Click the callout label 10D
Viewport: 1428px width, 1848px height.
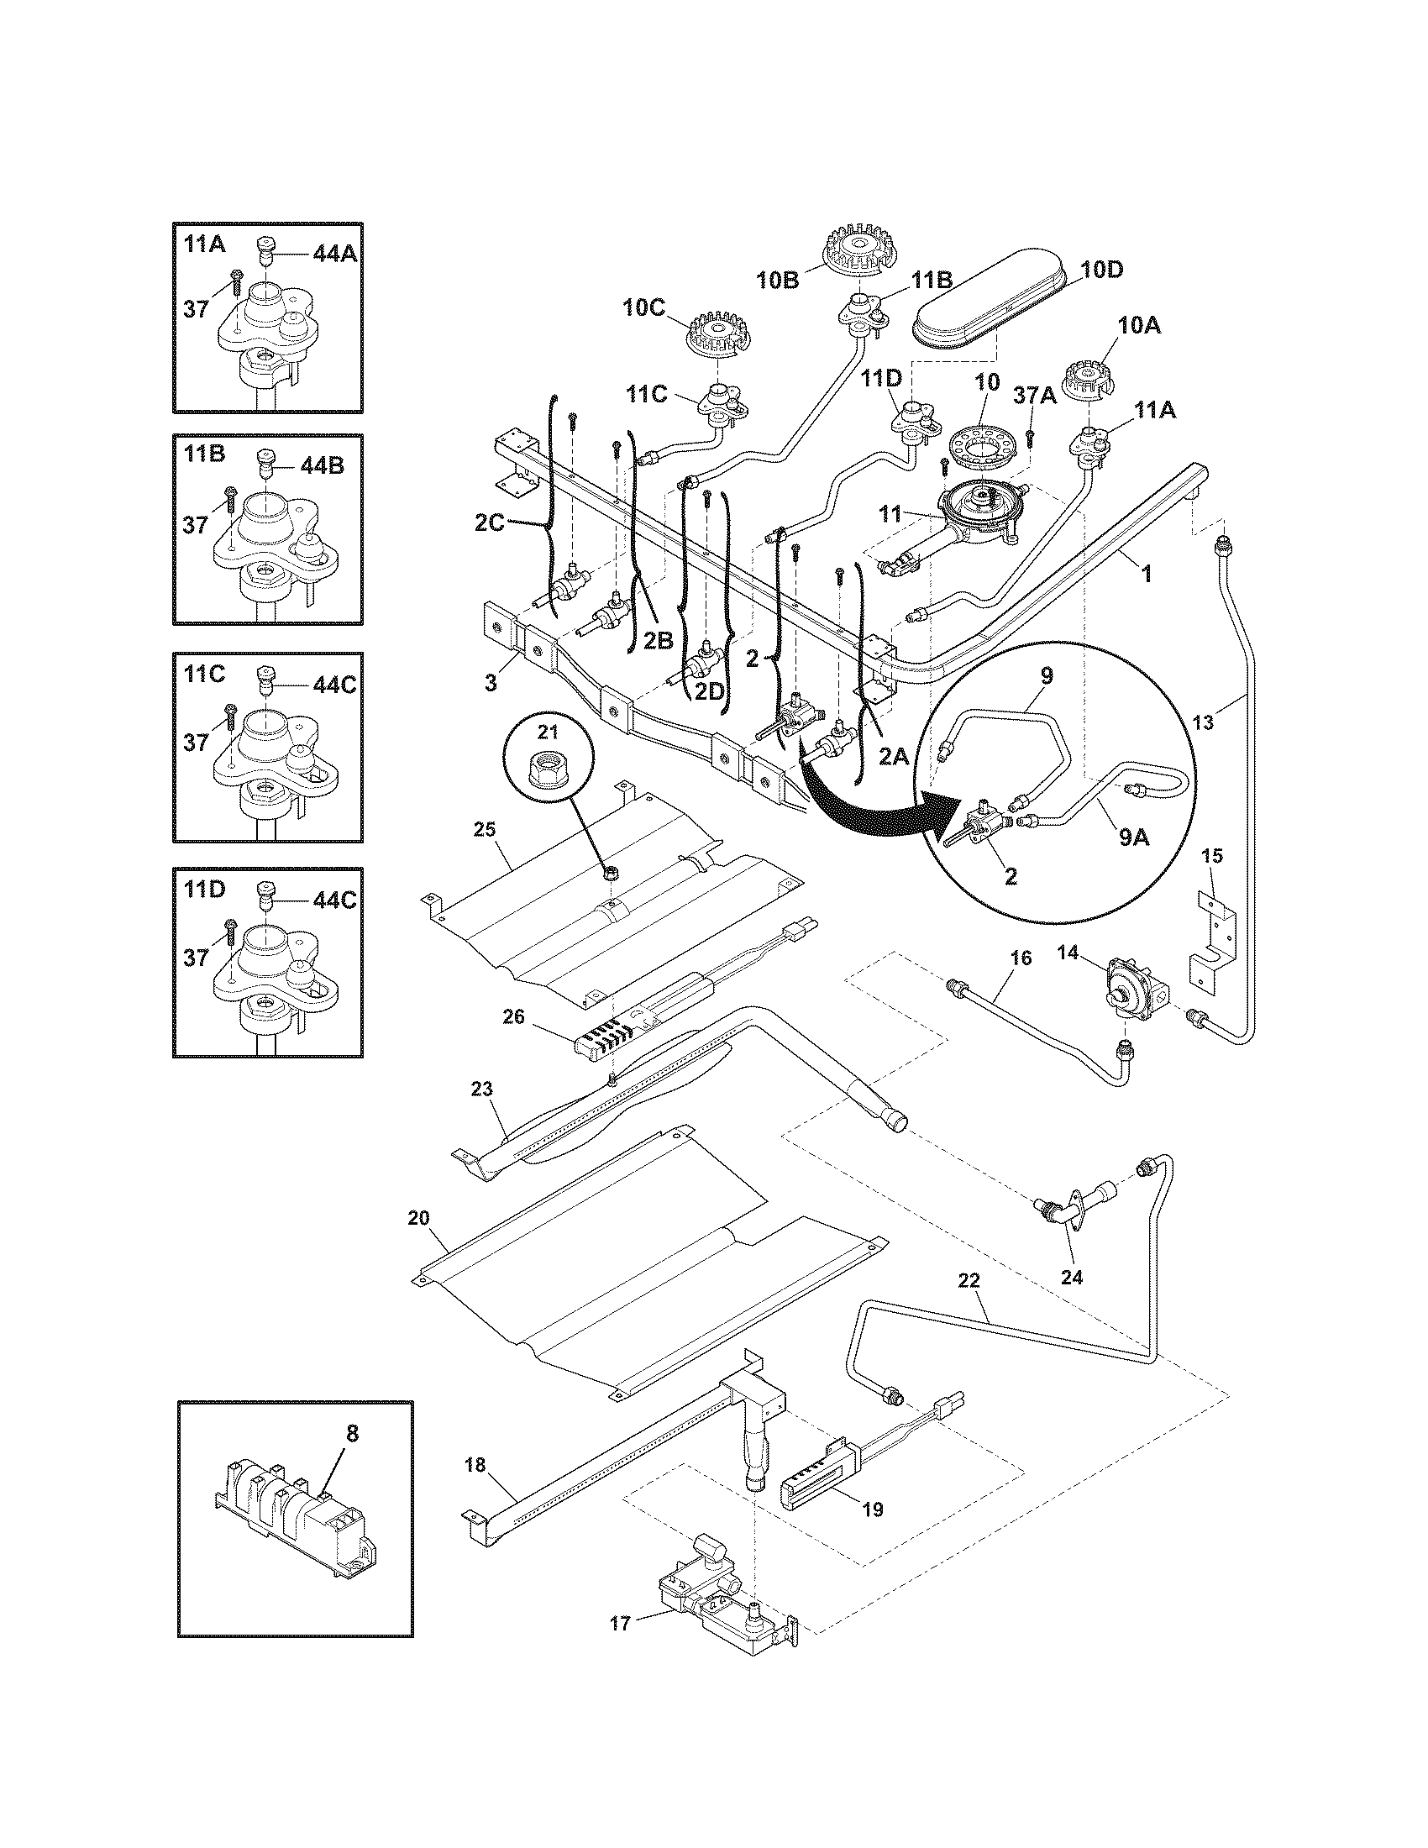[1103, 270]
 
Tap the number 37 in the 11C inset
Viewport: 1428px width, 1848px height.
[196, 742]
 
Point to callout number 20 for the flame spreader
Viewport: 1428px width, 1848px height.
[419, 1218]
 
